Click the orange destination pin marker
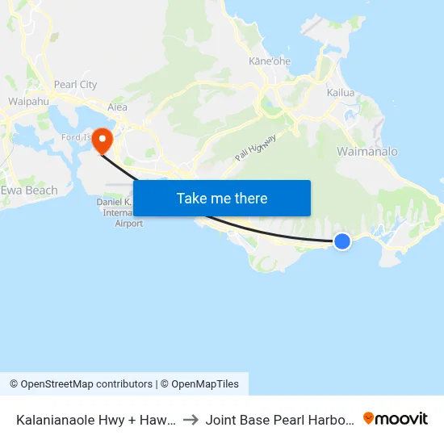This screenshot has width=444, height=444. (x=103, y=140)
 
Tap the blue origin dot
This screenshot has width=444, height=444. (x=342, y=241)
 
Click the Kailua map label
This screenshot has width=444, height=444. (x=341, y=93)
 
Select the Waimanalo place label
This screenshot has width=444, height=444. (x=367, y=152)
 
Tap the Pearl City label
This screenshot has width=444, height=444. (x=75, y=85)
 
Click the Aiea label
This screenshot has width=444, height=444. (x=117, y=107)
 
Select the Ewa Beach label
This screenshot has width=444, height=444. (x=29, y=191)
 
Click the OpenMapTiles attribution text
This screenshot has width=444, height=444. (x=203, y=384)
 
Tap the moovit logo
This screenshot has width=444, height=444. (x=396, y=419)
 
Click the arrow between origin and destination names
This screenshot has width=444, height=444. (x=191, y=420)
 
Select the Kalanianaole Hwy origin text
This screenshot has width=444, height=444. (x=96, y=420)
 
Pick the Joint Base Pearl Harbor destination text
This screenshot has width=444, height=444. (x=279, y=420)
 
